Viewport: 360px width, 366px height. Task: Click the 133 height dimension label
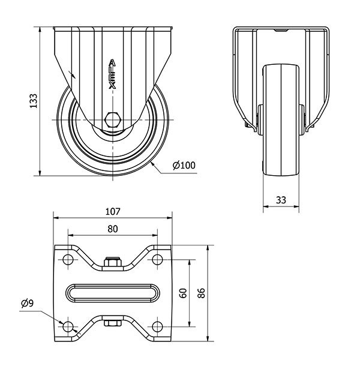pyautogui.click(x=34, y=101)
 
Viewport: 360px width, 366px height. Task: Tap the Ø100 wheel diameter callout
pyautogui.click(x=184, y=166)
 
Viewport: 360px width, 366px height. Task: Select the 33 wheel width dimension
pyautogui.click(x=281, y=201)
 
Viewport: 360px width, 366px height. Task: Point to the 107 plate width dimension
pyautogui.click(x=113, y=211)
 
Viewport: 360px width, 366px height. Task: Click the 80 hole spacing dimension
pyautogui.click(x=112, y=229)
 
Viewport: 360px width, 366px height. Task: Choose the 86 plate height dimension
pyautogui.click(x=202, y=293)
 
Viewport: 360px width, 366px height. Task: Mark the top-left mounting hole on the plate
pyautogui.click(x=67, y=260)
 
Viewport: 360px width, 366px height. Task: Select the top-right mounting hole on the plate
pyautogui.click(x=157, y=260)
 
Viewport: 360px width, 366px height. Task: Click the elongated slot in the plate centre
pyautogui.click(x=112, y=293)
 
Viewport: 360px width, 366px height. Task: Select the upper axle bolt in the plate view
pyautogui.click(x=112, y=262)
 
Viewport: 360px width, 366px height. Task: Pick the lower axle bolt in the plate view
pyautogui.click(x=112, y=324)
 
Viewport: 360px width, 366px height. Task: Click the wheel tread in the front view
pyautogui.click(x=281, y=120)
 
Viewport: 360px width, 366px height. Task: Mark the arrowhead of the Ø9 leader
pyautogui.click(x=62, y=322)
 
